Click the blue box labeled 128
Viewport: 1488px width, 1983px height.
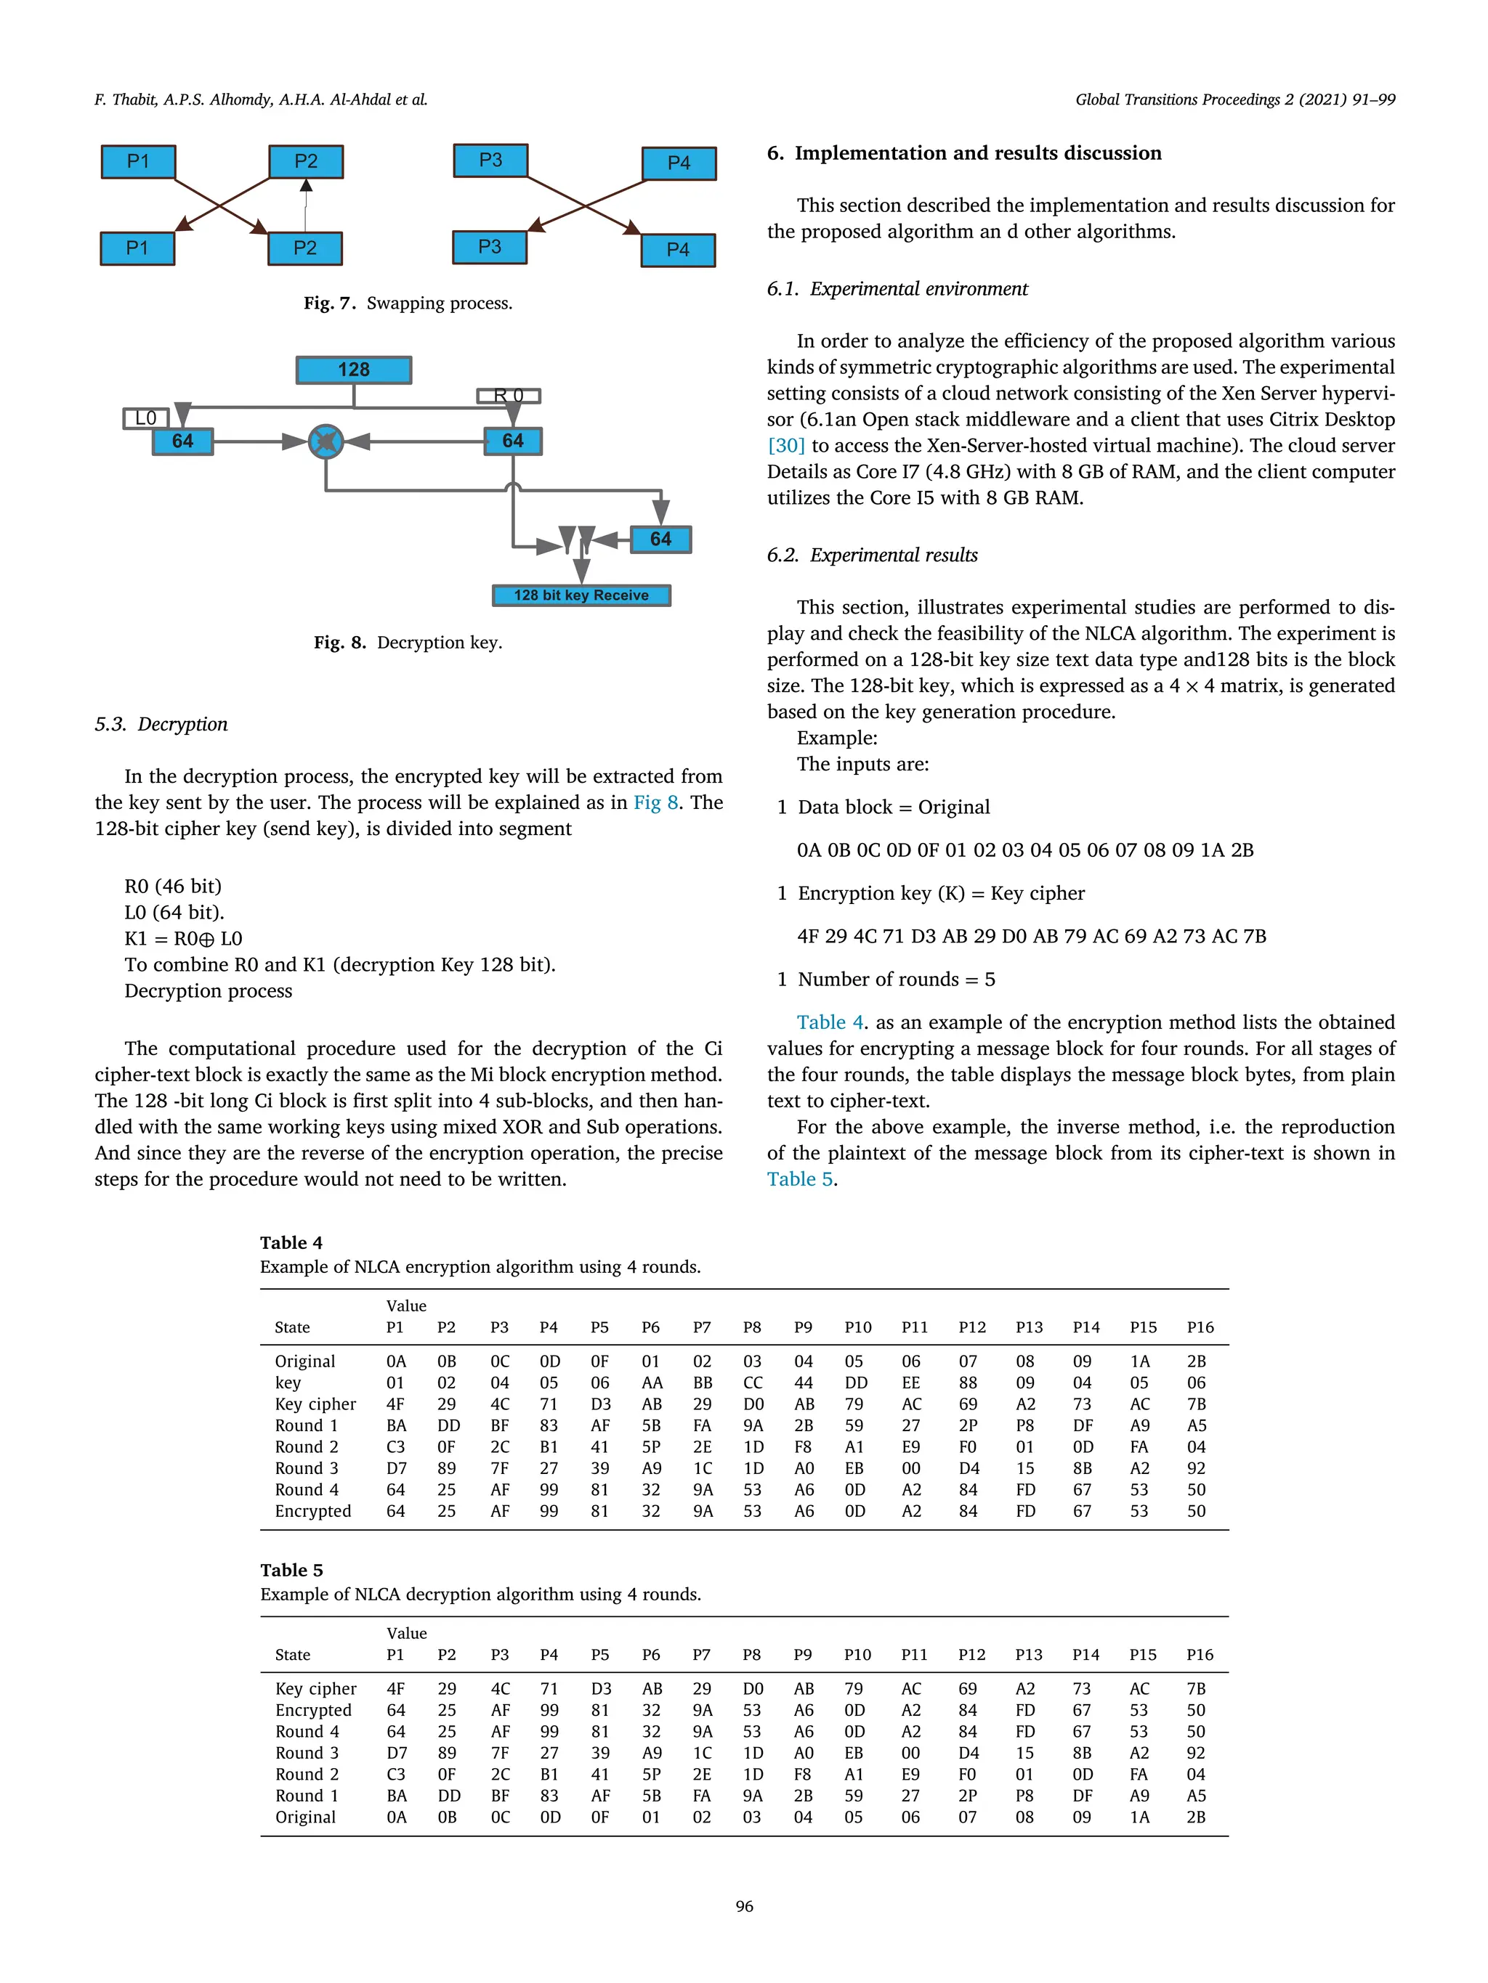353,370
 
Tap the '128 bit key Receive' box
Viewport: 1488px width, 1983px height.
581,595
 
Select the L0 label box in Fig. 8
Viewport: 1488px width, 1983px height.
145,418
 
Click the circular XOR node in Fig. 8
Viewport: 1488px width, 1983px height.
325,441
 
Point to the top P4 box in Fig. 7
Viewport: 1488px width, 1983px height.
679,163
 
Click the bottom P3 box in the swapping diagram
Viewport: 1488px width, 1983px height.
490,247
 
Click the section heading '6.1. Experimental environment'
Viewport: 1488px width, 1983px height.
897,289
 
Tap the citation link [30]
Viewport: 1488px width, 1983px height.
785,446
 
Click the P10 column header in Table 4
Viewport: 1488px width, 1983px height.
857,1327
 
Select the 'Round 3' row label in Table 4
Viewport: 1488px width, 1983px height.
307,1468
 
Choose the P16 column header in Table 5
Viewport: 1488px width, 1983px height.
1199,1655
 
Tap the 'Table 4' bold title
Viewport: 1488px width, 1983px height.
291,1242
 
